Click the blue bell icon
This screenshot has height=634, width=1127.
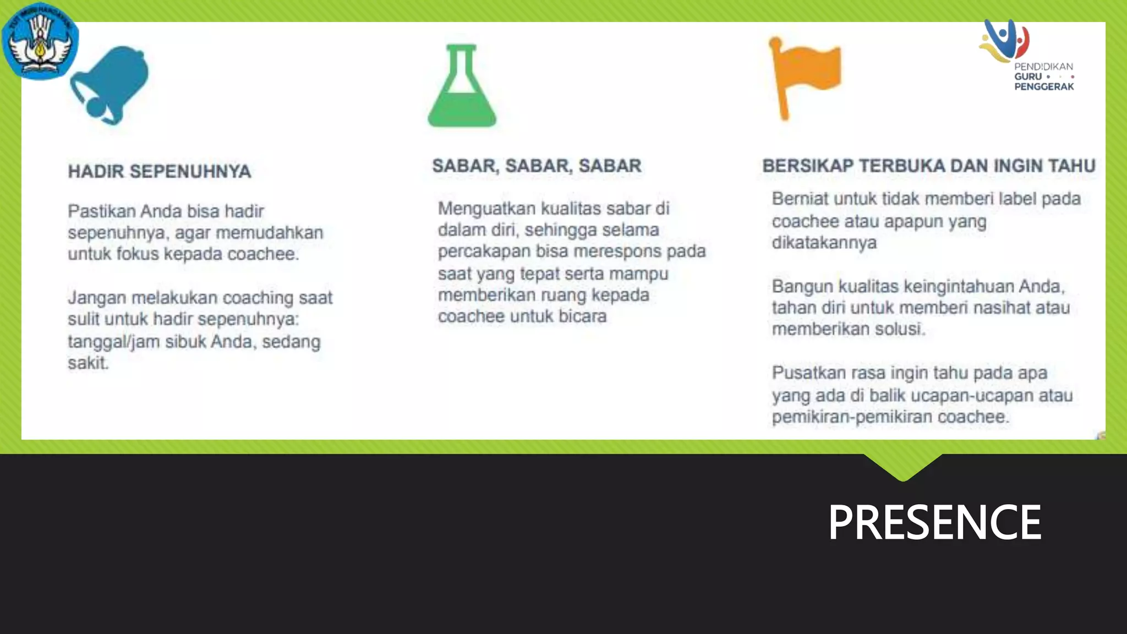[x=110, y=84]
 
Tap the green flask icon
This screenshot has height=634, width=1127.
[x=462, y=87]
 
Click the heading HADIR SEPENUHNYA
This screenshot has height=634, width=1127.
[x=160, y=172]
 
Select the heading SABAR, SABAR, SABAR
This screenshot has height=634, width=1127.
[x=537, y=166]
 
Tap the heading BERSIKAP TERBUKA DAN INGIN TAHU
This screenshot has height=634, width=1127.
[x=928, y=166]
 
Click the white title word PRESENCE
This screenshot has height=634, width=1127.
[x=934, y=522]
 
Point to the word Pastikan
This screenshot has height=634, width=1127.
[x=101, y=211]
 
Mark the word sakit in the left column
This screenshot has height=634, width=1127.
[x=87, y=363]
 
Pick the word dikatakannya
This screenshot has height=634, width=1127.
[x=824, y=243]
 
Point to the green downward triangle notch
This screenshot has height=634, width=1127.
[x=903, y=467]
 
